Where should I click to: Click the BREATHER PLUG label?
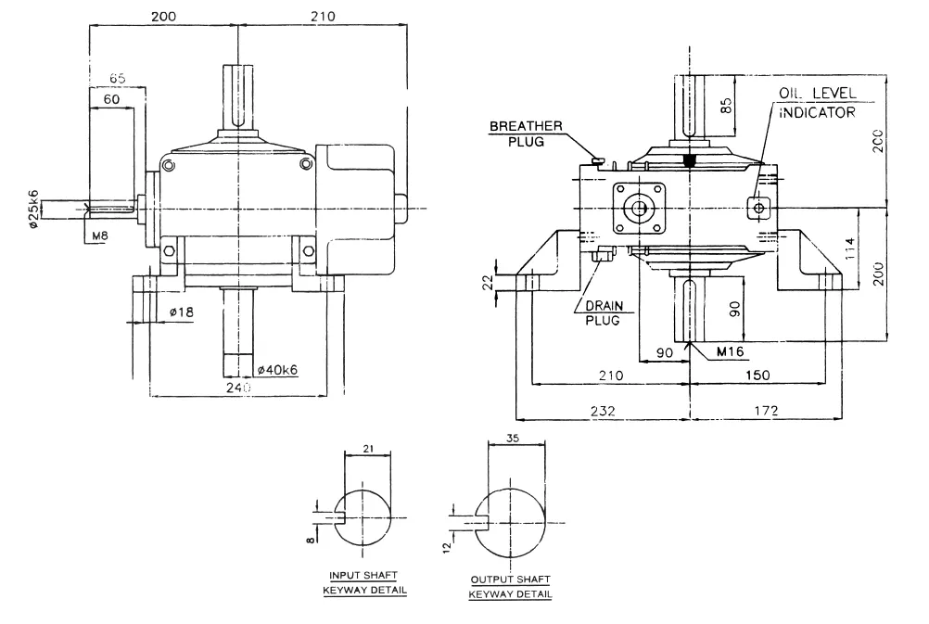525,134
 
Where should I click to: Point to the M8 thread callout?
101,236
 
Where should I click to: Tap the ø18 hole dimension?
181,312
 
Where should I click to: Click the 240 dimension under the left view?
238,389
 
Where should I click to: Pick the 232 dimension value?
602,410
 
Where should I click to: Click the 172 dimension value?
765,410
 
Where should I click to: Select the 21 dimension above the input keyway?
368,447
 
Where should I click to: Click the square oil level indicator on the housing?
759,208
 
